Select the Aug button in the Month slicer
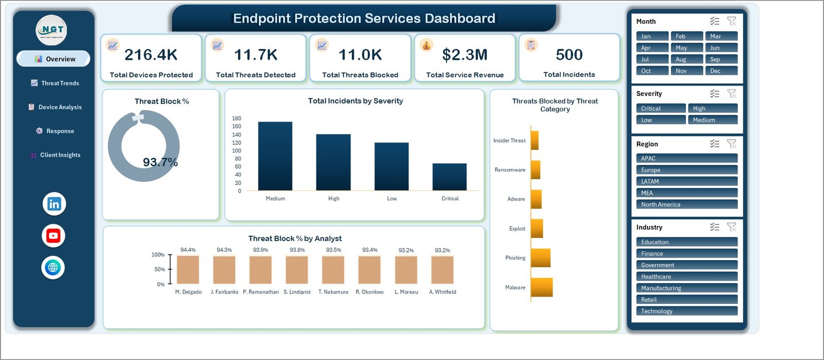click(687, 59)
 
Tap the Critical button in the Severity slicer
click(661, 108)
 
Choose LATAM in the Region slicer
click(687, 181)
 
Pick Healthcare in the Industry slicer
click(687, 277)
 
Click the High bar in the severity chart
click(333, 162)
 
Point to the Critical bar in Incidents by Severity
click(450, 177)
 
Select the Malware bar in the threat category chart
click(542, 287)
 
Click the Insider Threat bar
click(535, 141)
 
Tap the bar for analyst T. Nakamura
click(333, 270)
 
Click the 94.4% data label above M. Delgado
click(188, 250)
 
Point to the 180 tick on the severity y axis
click(236, 118)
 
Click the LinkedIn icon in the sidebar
click(55, 204)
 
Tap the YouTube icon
click(54, 236)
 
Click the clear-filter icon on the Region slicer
click(732, 144)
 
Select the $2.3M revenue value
click(465, 55)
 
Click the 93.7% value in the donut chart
click(160, 162)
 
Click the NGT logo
click(51, 30)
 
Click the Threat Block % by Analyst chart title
click(295, 238)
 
